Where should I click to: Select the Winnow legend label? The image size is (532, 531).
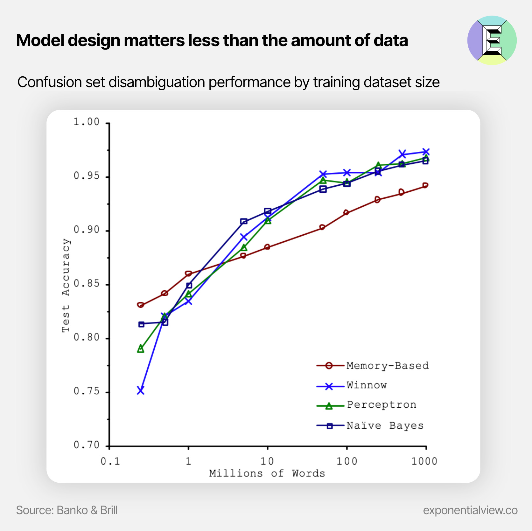point(367,385)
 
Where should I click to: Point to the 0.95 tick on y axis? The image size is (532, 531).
point(87,176)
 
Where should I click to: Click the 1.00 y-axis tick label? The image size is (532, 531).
point(87,122)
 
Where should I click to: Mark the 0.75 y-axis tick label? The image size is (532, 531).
point(87,391)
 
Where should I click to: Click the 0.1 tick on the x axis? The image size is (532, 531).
point(110,461)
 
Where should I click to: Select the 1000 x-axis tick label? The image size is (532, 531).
point(424,461)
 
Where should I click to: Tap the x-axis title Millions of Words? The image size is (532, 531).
point(267,473)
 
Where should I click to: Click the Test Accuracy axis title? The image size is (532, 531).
point(66,285)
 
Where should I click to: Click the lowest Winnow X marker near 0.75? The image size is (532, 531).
point(141,390)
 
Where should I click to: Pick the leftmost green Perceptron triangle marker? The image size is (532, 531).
point(141,349)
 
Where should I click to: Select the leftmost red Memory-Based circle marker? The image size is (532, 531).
point(140,305)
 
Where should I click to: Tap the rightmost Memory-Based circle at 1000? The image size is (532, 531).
point(425,185)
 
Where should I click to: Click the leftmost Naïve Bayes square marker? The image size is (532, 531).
point(141,324)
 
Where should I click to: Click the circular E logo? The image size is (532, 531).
point(492,40)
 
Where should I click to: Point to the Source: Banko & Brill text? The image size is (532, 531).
point(67,510)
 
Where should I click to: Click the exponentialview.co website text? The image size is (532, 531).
point(470,510)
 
